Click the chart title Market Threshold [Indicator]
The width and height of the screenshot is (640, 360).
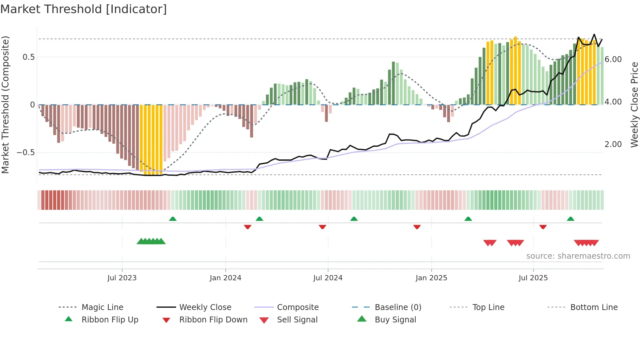(84, 9)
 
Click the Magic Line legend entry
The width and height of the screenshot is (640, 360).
(102, 307)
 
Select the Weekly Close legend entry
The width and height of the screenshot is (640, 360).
(205, 307)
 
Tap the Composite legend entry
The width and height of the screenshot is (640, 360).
(297, 307)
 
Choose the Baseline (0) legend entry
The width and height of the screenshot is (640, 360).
(398, 307)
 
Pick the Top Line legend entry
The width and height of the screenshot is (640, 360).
(488, 307)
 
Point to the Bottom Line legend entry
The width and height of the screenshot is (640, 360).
(594, 307)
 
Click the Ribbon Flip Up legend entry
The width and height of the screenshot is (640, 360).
(110, 319)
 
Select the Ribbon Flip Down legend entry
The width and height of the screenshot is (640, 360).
(213, 319)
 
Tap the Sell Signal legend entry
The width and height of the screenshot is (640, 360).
(297, 319)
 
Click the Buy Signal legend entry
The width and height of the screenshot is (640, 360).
(395, 319)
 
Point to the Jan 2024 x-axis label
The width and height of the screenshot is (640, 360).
(225, 278)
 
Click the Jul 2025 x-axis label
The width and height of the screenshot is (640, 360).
(533, 278)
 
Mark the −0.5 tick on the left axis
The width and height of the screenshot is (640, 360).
(25, 153)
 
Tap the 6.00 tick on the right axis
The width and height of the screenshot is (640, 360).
(613, 59)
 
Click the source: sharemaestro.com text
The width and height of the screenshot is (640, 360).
(578, 256)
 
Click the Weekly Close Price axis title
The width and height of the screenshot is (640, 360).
(634, 105)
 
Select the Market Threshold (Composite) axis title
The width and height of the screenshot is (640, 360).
(5, 105)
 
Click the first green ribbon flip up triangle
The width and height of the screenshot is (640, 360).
(173, 219)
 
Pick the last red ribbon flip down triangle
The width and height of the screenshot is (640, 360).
(543, 227)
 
